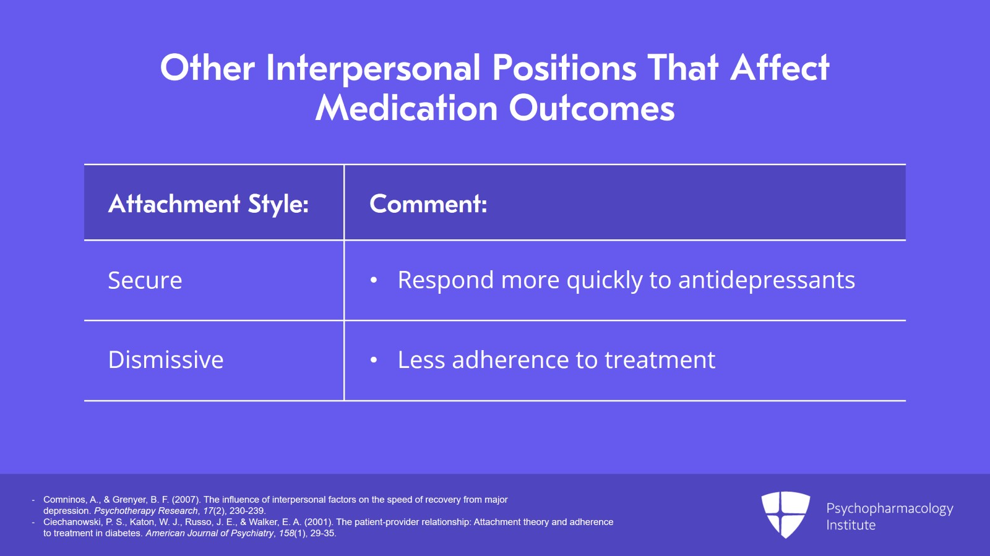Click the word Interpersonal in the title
click(x=373, y=68)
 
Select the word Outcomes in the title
click(x=592, y=109)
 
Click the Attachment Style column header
click(x=209, y=204)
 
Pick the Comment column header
click(x=428, y=204)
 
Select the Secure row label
click(x=145, y=281)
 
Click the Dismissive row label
click(x=166, y=360)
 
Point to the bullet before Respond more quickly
click(x=374, y=280)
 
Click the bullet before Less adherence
click(x=374, y=360)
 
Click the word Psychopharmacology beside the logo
click(x=889, y=508)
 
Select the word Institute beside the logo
click(x=851, y=525)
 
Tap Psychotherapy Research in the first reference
click(x=145, y=511)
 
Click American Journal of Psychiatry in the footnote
click(x=209, y=533)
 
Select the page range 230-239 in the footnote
click(x=247, y=511)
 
